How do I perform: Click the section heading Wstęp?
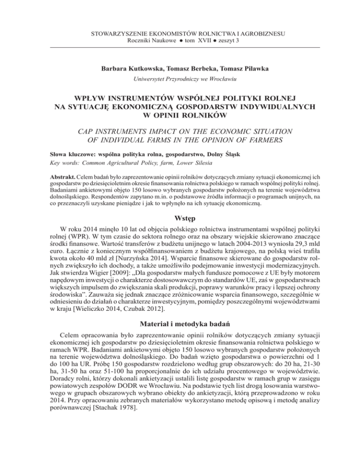click(x=180, y=219)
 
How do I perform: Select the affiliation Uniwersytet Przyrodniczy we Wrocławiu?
click(x=180, y=80)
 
